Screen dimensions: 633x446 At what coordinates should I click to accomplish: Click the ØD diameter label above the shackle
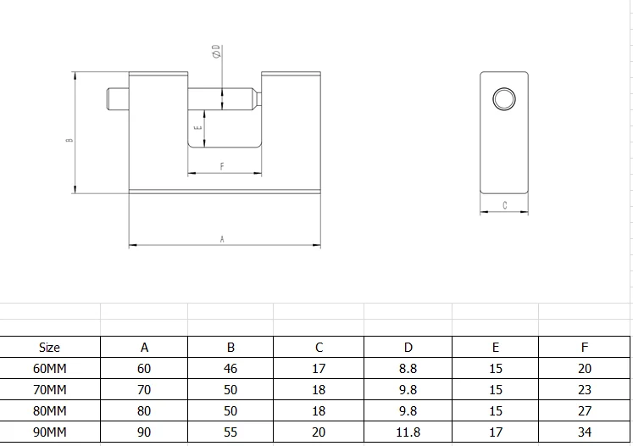click(x=217, y=52)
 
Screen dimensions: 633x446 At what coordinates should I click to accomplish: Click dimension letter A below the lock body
click(x=222, y=239)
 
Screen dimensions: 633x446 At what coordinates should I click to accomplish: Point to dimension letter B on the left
click(x=69, y=140)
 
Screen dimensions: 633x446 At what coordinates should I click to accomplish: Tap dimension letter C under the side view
click(x=505, y=205)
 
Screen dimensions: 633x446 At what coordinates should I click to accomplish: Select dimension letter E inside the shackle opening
click(x=197, y=128)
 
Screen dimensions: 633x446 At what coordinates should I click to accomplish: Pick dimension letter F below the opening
click(x=222, y=166)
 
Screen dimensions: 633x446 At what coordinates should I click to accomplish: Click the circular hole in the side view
click(x=504, y=98)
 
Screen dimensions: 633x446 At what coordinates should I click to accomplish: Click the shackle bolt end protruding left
click(x=118, y=98)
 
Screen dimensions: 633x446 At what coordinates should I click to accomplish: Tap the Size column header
click(x=50, y=348)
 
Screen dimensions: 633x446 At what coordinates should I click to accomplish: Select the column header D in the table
click(x=408, y=348)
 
